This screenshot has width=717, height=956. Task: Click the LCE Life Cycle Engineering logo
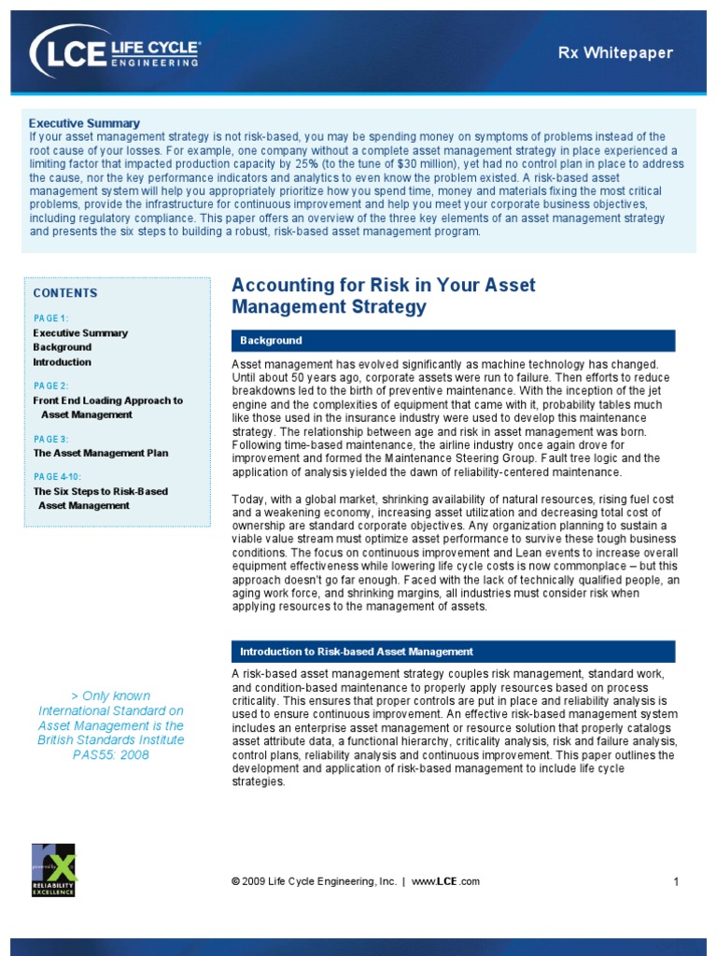115,51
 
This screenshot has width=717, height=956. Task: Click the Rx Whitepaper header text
628,53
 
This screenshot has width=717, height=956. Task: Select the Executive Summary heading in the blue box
84,123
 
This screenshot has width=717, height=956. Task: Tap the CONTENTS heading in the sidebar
65,293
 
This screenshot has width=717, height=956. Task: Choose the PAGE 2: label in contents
50,386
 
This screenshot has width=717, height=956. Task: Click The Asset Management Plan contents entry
101,453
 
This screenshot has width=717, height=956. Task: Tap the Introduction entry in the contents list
62,362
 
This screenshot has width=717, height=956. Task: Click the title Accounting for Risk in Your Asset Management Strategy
383,295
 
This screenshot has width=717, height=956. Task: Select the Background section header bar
453,341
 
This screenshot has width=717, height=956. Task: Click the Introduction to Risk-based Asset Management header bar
453,652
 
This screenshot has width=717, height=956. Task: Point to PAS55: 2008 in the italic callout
110,755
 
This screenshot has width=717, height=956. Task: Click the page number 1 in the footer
674,882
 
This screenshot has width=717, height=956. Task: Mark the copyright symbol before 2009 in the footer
235,882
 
